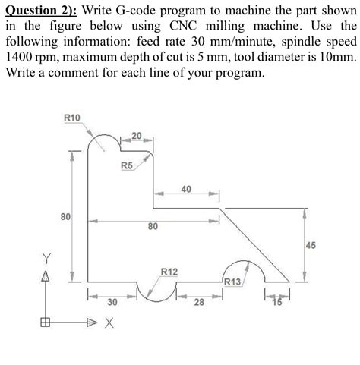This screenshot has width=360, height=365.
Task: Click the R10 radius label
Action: [x=73, y=118]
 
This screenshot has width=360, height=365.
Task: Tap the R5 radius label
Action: [x=126, y=165]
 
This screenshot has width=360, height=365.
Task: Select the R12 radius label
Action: [x=169, y=272]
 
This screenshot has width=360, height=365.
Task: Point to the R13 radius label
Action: [x=233, y=282]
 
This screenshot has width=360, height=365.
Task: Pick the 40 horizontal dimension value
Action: [x=185, y=189]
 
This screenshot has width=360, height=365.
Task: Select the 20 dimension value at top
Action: [x=136, y=136]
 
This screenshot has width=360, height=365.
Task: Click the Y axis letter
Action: [x=46, y=256]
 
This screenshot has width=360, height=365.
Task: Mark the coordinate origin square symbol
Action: [x=46, y=322]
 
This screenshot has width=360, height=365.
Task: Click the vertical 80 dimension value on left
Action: [x=66, y=217]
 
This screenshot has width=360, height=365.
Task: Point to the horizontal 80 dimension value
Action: [x=153, y=226]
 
